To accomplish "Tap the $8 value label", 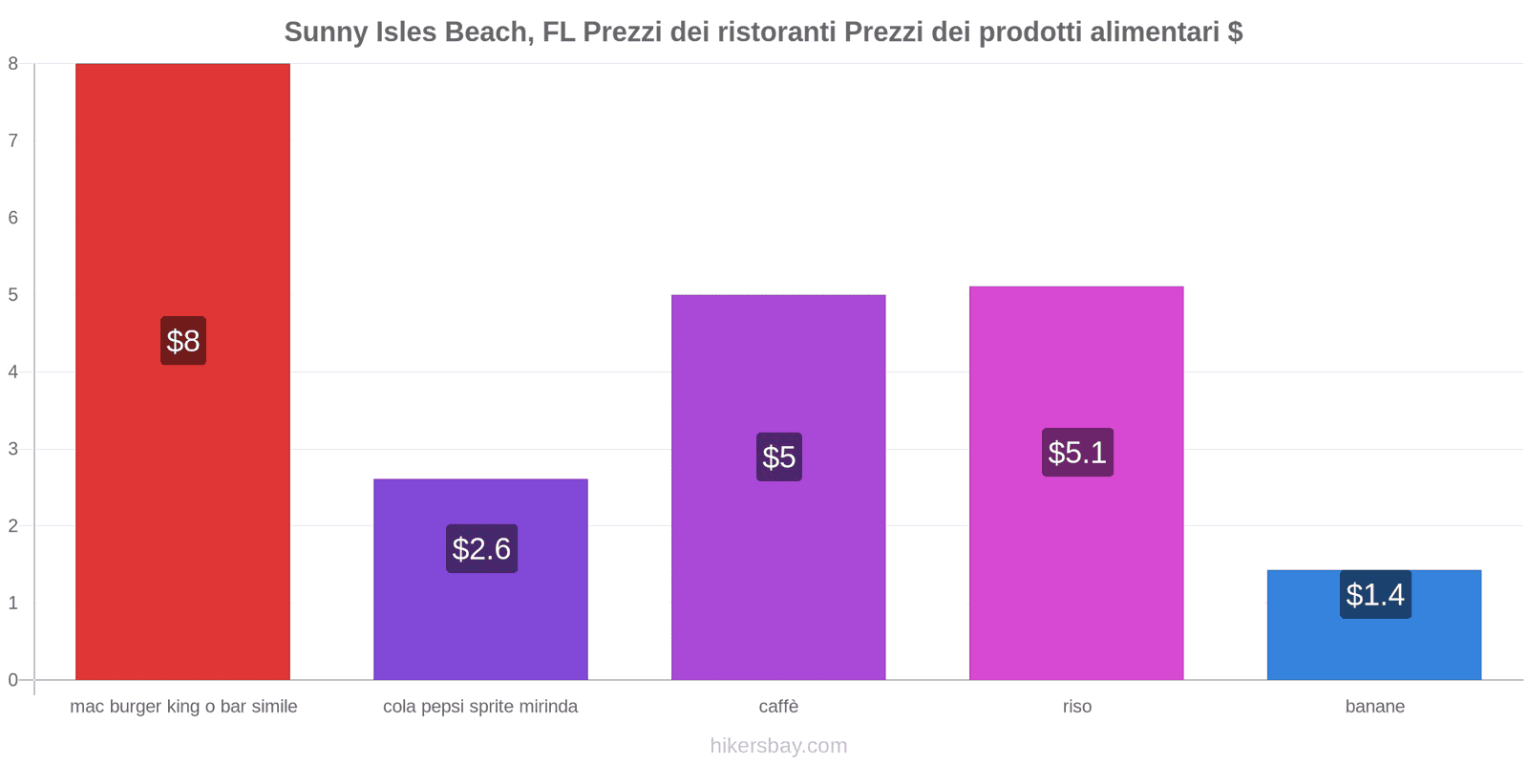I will coord(182,341).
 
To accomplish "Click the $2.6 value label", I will coord(481,549).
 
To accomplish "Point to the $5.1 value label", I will coord(1077,453).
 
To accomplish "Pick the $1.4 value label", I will coord(1375,595).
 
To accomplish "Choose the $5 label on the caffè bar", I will coord(778,457).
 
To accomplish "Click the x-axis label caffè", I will coord(778,707).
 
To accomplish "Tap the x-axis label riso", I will coord(1076,707).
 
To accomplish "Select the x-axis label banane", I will coord(1374,707).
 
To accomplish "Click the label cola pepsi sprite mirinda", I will coord(480,707).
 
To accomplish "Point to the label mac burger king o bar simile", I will coord(183,707).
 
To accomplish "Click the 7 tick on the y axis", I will coord(13,141).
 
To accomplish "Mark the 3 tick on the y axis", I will coord(13,449).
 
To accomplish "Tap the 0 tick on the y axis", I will coord(13,680).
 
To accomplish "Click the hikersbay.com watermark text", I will coord(778,746).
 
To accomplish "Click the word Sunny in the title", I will coord(320,32).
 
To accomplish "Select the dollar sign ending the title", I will coord(1235,32).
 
